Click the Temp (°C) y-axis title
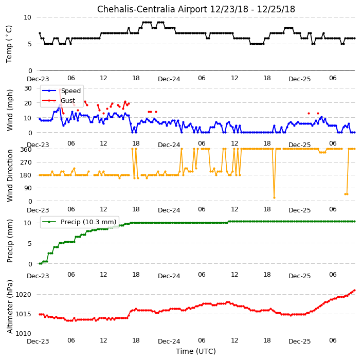point(9,44)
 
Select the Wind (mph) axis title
point(10,110)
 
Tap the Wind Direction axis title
point(10,175)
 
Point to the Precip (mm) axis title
point(10,241)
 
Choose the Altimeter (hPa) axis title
point(10,307)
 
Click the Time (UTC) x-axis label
point(196,351)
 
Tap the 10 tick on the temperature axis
point(27,17)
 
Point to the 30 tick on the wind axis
point(28,88)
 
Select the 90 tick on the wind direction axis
point(28,188)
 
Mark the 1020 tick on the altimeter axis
point(23,294)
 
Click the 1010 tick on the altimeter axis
point(23,333)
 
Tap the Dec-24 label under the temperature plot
point(169,79)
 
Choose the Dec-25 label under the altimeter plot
point(300,341)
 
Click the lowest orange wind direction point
point(274,197)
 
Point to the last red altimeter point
point(354,290)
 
